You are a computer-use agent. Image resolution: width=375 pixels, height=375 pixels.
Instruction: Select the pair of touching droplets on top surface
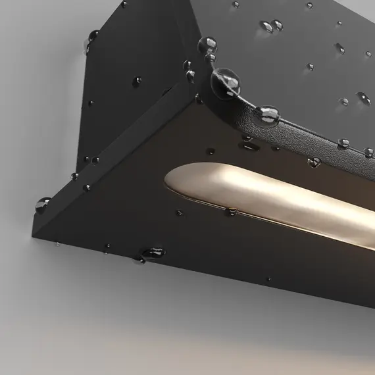270,26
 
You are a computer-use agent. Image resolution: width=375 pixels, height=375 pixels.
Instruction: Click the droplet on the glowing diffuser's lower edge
232,211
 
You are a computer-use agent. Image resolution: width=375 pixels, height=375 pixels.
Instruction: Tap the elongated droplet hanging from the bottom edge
155,252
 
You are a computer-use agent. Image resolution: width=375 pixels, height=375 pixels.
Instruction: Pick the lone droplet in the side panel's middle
137,81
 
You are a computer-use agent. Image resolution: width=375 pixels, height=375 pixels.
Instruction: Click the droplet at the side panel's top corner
124,5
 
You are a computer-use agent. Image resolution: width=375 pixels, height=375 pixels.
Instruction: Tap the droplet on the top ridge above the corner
207,45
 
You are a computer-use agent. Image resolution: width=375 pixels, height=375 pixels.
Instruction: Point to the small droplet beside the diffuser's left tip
180,213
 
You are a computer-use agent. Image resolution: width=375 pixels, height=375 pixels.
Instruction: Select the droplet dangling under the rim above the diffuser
314,161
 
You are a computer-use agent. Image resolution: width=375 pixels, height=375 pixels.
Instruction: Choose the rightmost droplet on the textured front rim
368,153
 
